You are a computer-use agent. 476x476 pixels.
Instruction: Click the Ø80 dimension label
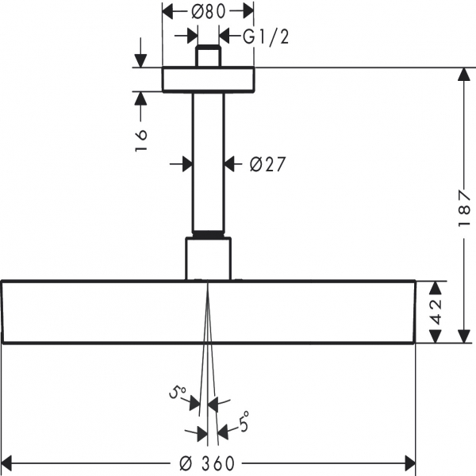(x=208, y=13)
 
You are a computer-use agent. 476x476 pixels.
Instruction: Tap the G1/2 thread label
(x=266, y=37)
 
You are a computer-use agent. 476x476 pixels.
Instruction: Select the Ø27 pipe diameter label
(x=267, y=164)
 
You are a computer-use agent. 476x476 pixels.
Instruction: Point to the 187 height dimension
(x=464, y=209)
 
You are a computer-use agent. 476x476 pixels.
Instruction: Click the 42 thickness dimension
(x=436, y=312)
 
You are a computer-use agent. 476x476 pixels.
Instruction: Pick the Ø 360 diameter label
(x=207, y=463)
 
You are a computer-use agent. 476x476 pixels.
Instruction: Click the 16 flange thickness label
(x=141, y=140)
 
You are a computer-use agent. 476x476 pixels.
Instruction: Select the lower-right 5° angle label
(x=244, y=421)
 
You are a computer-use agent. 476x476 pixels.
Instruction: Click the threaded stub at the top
(x=208, y=56)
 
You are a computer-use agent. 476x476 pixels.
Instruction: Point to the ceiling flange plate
(x=208, y=79)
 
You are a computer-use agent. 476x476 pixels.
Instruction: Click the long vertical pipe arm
(x=208, y=162)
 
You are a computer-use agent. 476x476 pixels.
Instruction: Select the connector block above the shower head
(x=208, y=259)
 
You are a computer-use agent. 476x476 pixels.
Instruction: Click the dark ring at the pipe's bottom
(x=208, y=234)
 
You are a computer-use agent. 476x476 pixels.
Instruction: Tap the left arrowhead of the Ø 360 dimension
(x=6, y=463)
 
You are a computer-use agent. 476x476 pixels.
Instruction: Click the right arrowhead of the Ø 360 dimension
(x=410, y=463)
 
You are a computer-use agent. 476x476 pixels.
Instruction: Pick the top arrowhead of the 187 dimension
(x=464, y=75)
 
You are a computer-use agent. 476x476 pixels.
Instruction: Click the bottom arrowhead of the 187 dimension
(x=464, y=336)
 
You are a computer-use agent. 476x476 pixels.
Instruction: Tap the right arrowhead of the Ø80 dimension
(x=248, y=12)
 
